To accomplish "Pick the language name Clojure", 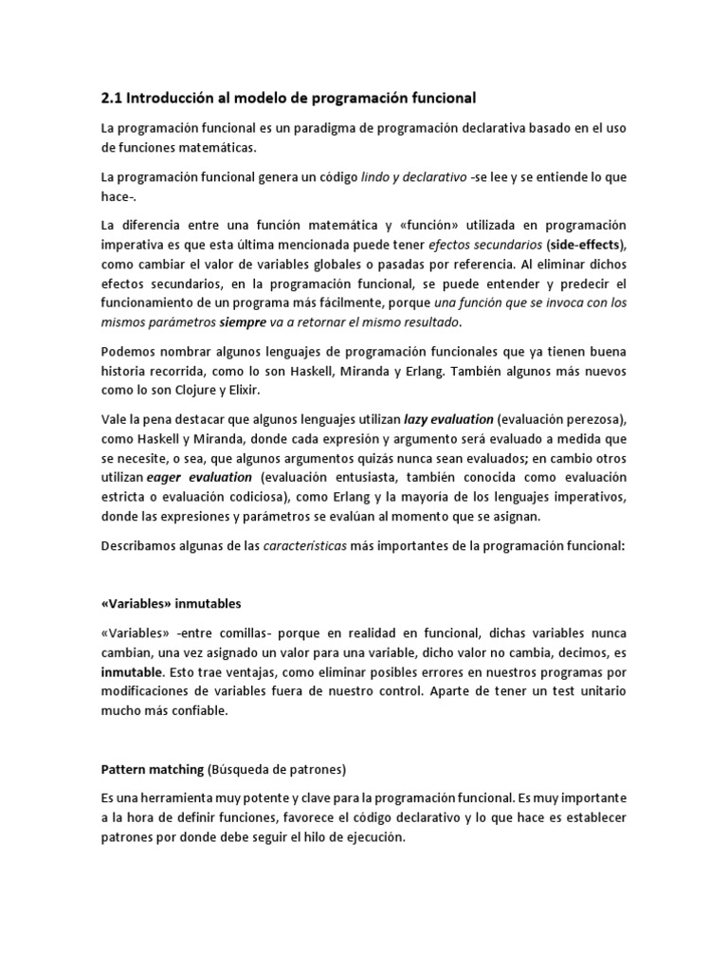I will point(221,389).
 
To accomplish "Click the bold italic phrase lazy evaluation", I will point(448,418).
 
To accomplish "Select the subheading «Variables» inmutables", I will point(171,603).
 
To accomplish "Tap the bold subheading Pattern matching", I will point(152,769).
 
